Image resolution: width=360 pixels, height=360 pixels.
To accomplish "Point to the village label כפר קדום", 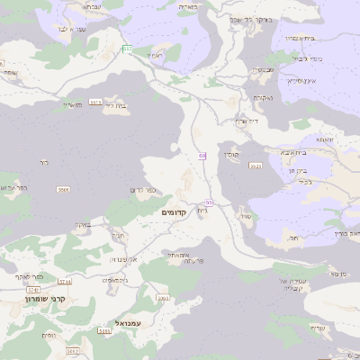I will [145, 189].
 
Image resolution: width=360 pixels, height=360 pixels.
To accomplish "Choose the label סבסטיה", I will [263, 69].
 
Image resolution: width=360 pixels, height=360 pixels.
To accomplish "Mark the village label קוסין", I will [230, 155].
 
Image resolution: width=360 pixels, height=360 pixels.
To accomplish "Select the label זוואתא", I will [325, 139].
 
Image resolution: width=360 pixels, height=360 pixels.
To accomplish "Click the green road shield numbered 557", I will [127, 48].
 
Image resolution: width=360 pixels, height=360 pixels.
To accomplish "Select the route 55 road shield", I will [209, 202].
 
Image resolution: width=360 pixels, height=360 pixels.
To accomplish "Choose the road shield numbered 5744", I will [65, 282].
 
